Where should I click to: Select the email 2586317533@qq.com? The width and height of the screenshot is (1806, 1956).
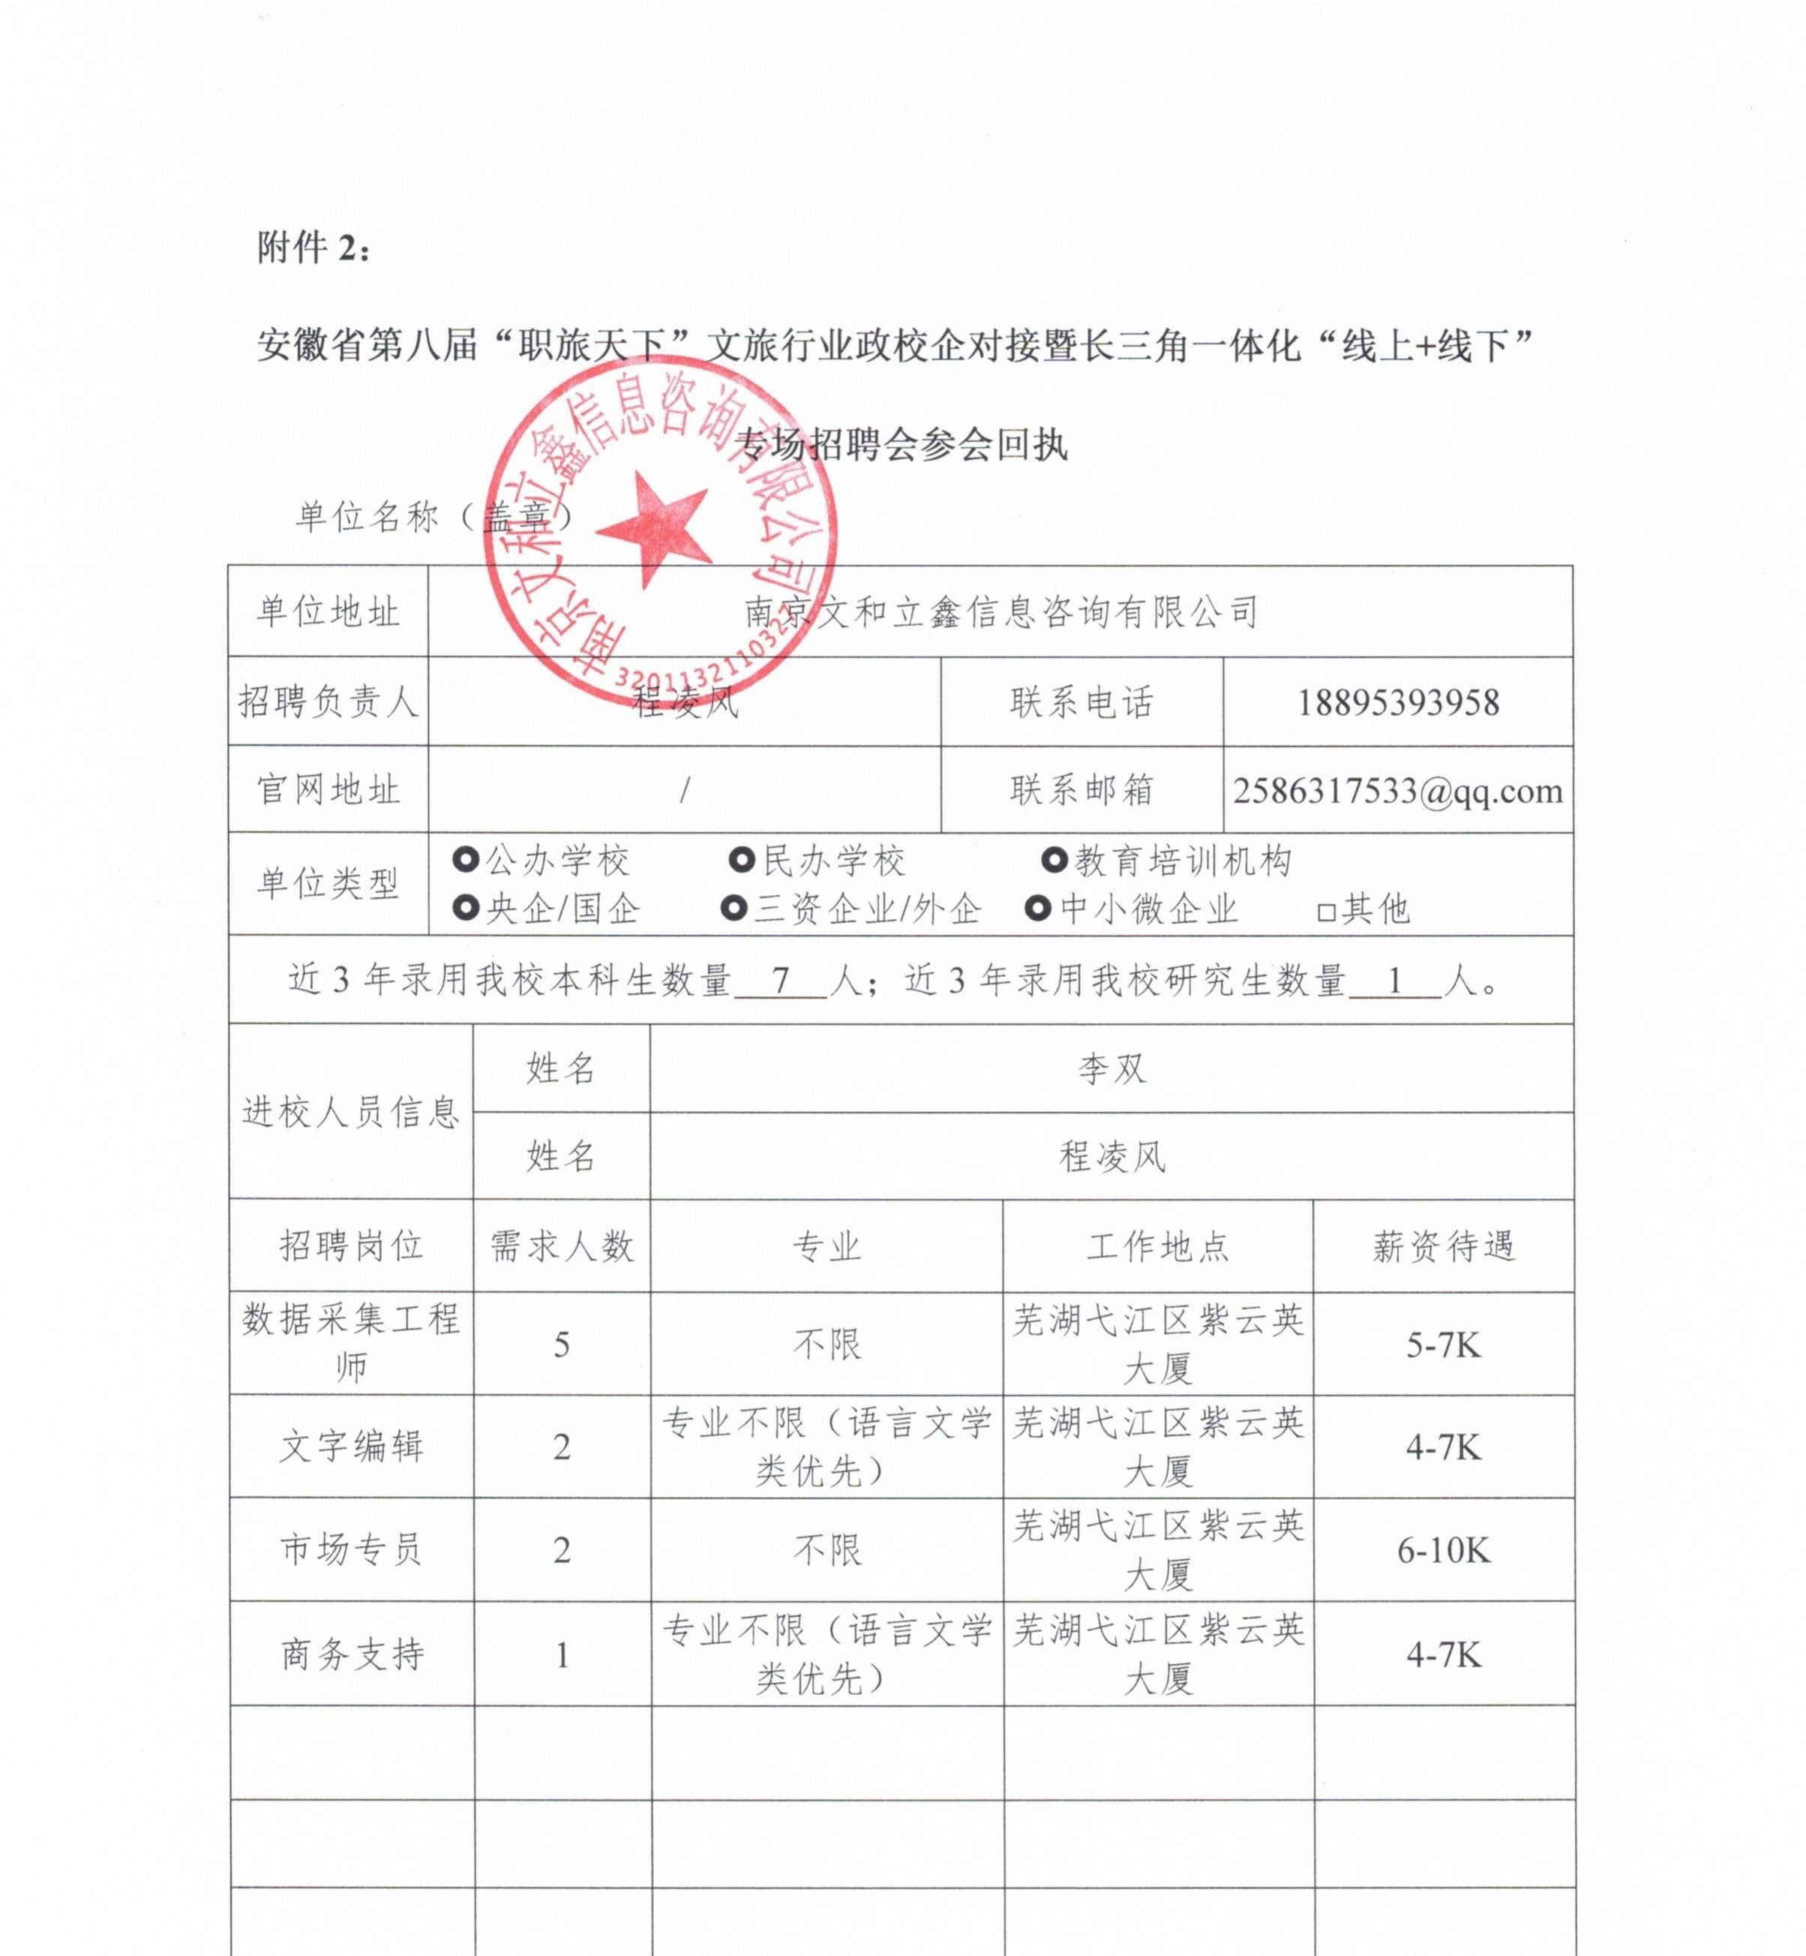click(x=1397, y=791)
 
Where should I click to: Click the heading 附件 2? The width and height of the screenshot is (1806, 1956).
click(x=313, y=248)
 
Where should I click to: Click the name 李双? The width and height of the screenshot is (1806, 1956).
click(x=1111, y=1069)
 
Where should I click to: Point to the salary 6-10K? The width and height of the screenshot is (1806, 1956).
click(x=1444, y=1550)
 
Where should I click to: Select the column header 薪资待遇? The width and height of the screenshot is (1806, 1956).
click(x=1444, y=1246)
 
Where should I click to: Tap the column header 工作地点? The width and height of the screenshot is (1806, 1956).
click(x=1158, y=1246)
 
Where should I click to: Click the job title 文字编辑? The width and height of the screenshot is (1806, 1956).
click(x=351, y=1447)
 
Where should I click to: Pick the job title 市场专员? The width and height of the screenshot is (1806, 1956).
click(x=351, y=1550)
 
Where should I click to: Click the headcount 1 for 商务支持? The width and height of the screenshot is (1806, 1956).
click(x=562, y=1656)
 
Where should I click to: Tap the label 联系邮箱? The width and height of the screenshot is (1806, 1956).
click(x=1081, y=791)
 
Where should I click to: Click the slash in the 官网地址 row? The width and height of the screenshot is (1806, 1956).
click(x=684, y=791)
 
